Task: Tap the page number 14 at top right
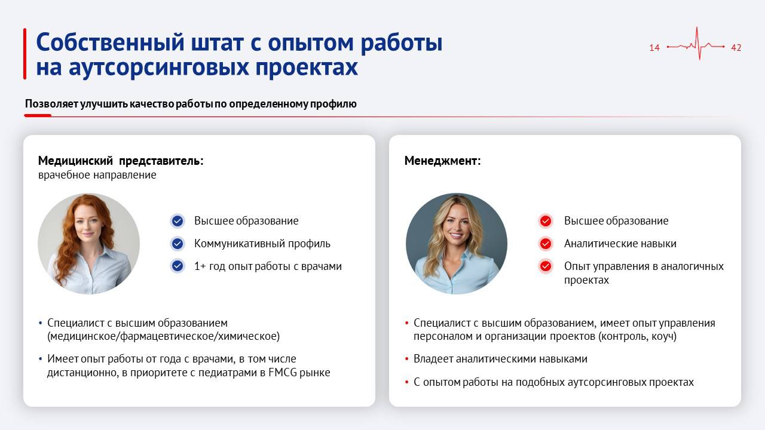pos(654,48)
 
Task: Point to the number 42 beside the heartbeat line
pos(736,48)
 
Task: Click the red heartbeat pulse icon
pos(696,45)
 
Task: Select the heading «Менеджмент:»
pos(442,161)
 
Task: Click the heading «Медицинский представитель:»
pos(121,161)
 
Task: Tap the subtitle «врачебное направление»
pos(97,175)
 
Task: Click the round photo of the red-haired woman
pos(88,244)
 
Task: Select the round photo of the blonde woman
pos(457,244)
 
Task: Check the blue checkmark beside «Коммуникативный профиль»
pos(178,244)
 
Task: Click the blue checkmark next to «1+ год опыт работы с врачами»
pos(178,266)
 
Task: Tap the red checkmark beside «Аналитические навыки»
pos(546,244)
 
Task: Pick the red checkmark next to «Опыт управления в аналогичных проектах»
pos(546,266)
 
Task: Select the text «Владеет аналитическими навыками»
pos(500,359)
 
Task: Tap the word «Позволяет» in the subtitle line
pos(50,104)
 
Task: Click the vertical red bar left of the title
pos(25,54)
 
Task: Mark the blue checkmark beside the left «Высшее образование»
pos(178,221)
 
